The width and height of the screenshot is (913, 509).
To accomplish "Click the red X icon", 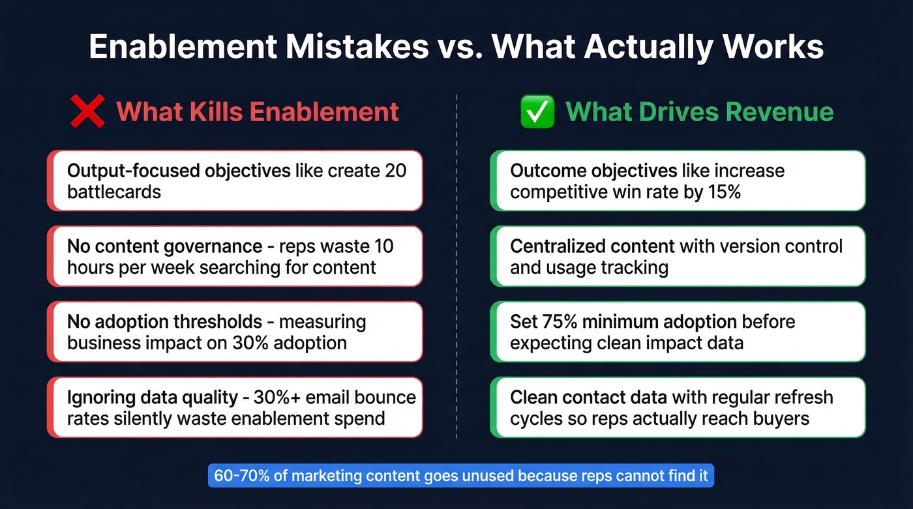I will [87, 111].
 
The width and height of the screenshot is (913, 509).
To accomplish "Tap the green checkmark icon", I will [537, 111].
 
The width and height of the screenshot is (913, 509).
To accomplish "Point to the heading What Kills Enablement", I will [258, 111].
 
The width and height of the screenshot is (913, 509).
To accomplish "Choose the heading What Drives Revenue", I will [700, 111].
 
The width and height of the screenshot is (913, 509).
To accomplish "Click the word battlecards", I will [114, 192].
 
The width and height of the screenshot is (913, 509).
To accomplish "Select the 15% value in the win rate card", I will [723, 192].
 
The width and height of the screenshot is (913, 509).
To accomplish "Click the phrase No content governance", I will [164, 246].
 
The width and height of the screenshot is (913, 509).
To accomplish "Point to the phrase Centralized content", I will [592, 246].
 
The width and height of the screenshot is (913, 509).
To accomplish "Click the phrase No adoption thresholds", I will [164, 321].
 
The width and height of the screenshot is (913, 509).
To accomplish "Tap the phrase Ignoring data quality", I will [153, 397].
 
